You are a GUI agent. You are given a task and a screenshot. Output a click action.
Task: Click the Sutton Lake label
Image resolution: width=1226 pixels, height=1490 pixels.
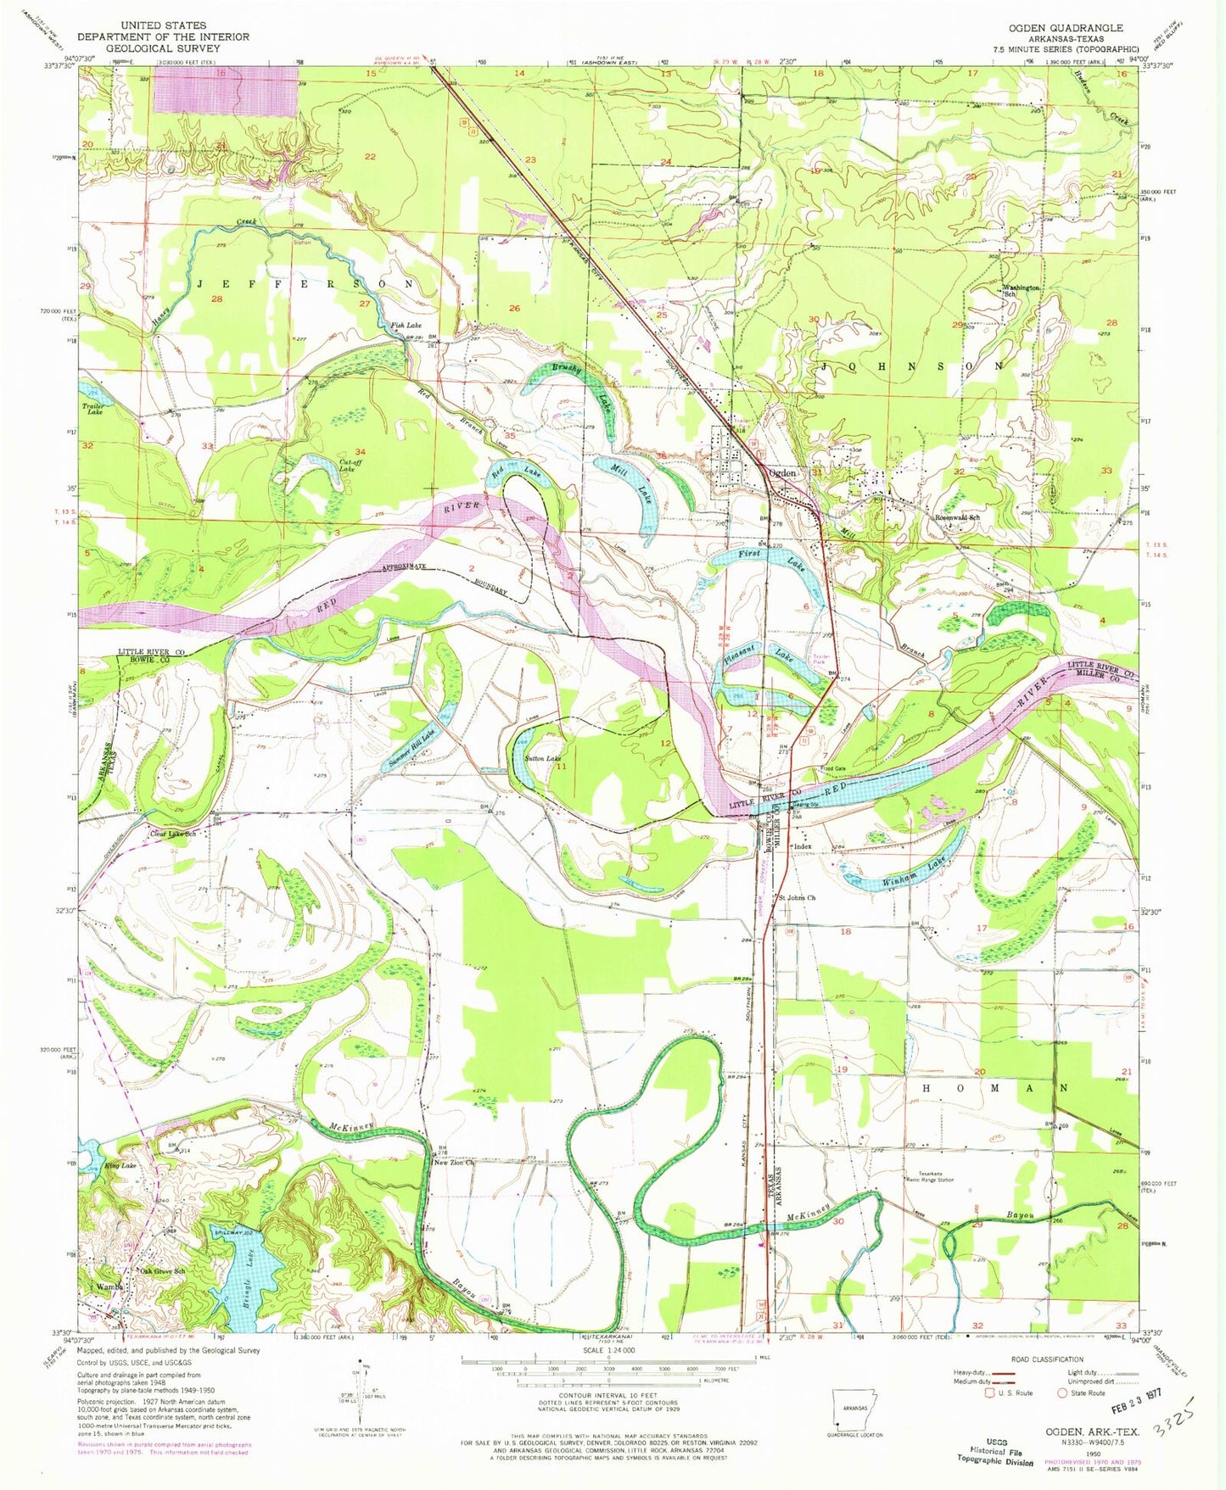coord(542,758)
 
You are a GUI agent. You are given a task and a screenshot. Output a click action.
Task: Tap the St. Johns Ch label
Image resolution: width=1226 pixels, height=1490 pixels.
coord(797,897)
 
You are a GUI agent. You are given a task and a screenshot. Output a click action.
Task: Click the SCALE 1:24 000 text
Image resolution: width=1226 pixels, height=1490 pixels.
coord(608,1351)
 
